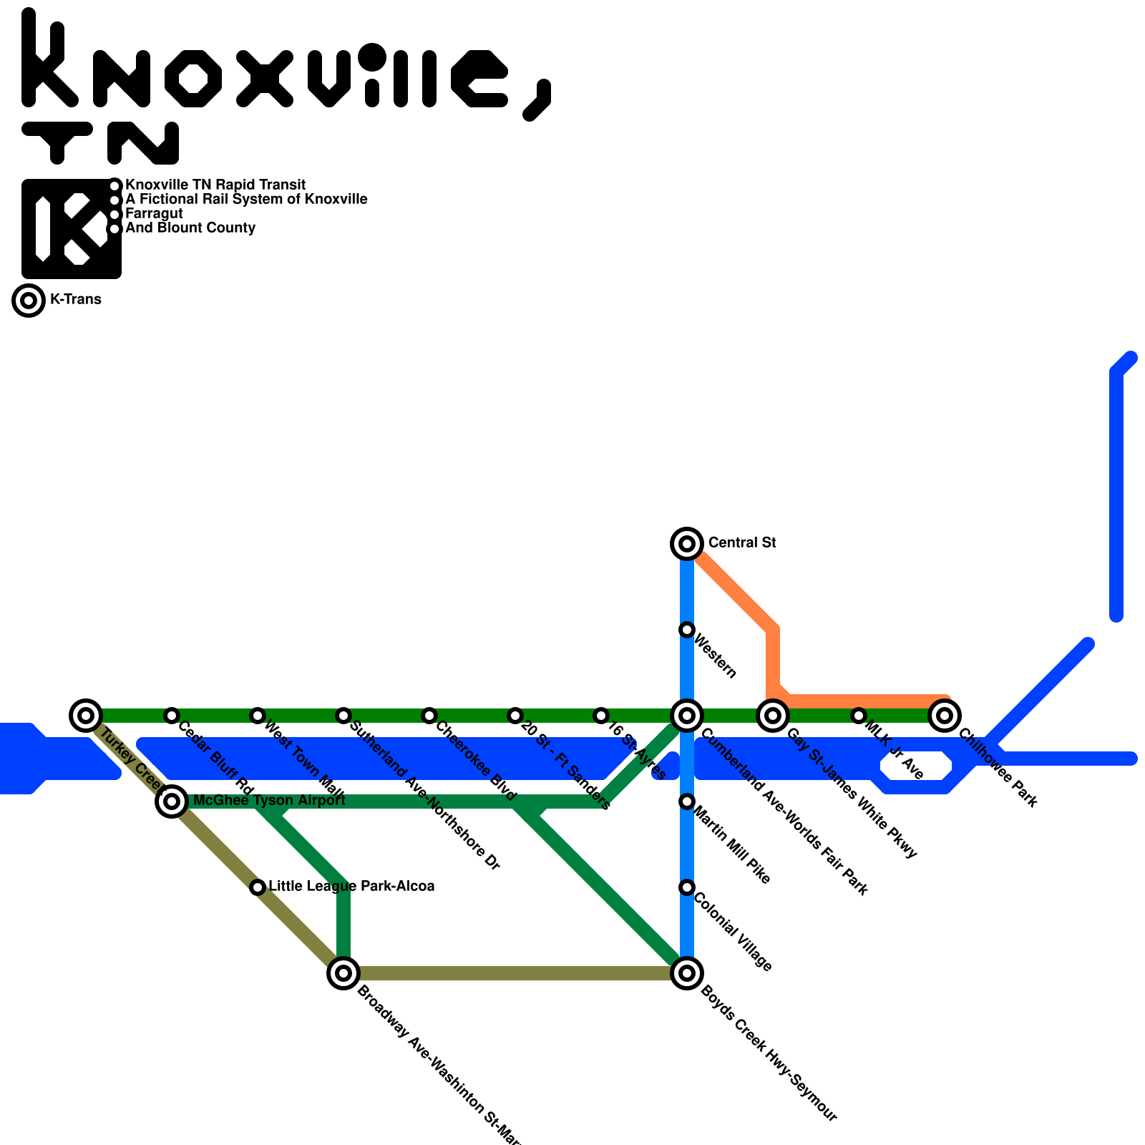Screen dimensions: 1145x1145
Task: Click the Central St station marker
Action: (687, 544)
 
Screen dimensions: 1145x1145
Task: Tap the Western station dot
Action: (687, 630)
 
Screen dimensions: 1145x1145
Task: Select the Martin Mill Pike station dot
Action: (687, 801)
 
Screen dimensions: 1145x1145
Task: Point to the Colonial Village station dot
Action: (687, 887)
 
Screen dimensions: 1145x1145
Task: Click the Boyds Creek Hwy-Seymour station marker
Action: (687, 973)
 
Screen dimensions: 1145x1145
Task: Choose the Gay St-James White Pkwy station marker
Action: (773, 715)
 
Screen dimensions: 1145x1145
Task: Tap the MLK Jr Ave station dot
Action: (859, 715)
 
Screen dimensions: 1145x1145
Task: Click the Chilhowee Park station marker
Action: (945, 715)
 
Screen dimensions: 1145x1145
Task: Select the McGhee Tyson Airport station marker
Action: (172, 801)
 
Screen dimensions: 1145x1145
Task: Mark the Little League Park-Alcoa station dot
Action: (258, 887)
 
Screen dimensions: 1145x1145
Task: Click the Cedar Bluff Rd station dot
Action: (172, 715)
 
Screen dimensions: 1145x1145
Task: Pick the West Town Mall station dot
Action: (258, 715)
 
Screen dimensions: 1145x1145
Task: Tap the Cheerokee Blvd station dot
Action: (429, 715)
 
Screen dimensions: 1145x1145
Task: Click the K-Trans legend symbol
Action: (29, 301)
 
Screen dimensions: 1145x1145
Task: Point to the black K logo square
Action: (72, 229)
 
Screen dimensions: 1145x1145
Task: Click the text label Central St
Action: (742, 543)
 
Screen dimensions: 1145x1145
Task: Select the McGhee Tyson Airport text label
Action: (269, 801)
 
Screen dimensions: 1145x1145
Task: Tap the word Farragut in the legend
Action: (154, 214)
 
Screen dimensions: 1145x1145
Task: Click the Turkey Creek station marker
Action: (86, 715)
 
